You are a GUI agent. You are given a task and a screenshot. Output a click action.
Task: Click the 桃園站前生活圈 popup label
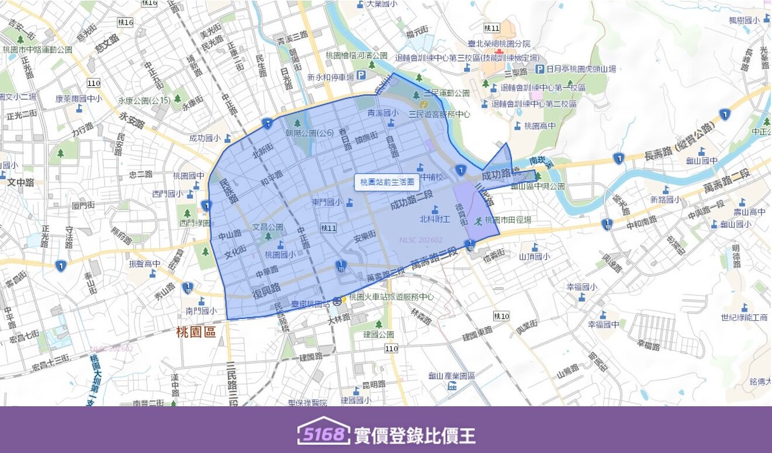[x=387, y=182]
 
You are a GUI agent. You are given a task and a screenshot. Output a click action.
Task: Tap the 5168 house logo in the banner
[x=323, y=432]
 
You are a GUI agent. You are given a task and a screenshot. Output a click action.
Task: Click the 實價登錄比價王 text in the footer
[x=414, y=435]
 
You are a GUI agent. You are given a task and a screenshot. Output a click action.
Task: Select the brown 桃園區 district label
[x=196, y=333]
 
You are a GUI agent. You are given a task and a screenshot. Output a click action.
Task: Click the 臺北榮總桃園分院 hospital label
[x=499, y=43]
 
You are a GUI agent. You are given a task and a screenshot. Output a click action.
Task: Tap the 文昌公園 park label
[x=268, y=227]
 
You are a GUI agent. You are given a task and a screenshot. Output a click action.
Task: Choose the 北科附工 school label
[x=435, y=219]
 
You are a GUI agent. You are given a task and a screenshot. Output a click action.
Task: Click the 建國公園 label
[x=379, y=334]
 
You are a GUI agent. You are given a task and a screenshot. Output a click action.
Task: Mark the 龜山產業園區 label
[x=451, y=376]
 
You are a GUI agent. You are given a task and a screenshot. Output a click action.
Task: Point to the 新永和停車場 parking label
[x=331, y=77]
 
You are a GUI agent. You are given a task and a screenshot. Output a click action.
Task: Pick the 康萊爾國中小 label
[x=79, y=99]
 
